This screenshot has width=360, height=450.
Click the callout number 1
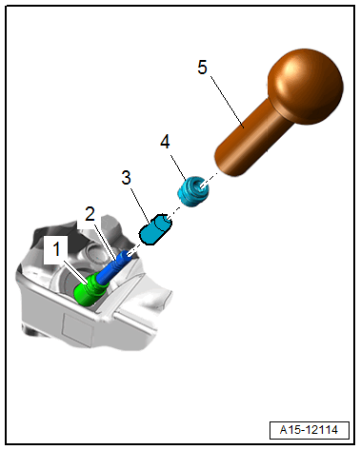pyautogui.click(x=57, y=248)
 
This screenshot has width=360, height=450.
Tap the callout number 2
pyautogui.click(x=90, y=214)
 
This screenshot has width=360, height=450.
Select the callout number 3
pyautogui.click(x=126, y=178)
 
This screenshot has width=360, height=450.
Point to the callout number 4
pyautogui.click(x=165, y=142)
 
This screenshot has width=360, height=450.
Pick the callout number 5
pyautogui.click(x=202, y=68)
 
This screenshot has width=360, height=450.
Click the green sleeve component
pyautogui.click(x=88, y=290)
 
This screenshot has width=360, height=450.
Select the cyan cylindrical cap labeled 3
pyautogui.click(x=155, y=229)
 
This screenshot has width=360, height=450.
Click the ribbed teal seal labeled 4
pyautogui.click(x=193, y=192)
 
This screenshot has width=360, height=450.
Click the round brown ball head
pyautogui.click(x=306, y=87)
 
